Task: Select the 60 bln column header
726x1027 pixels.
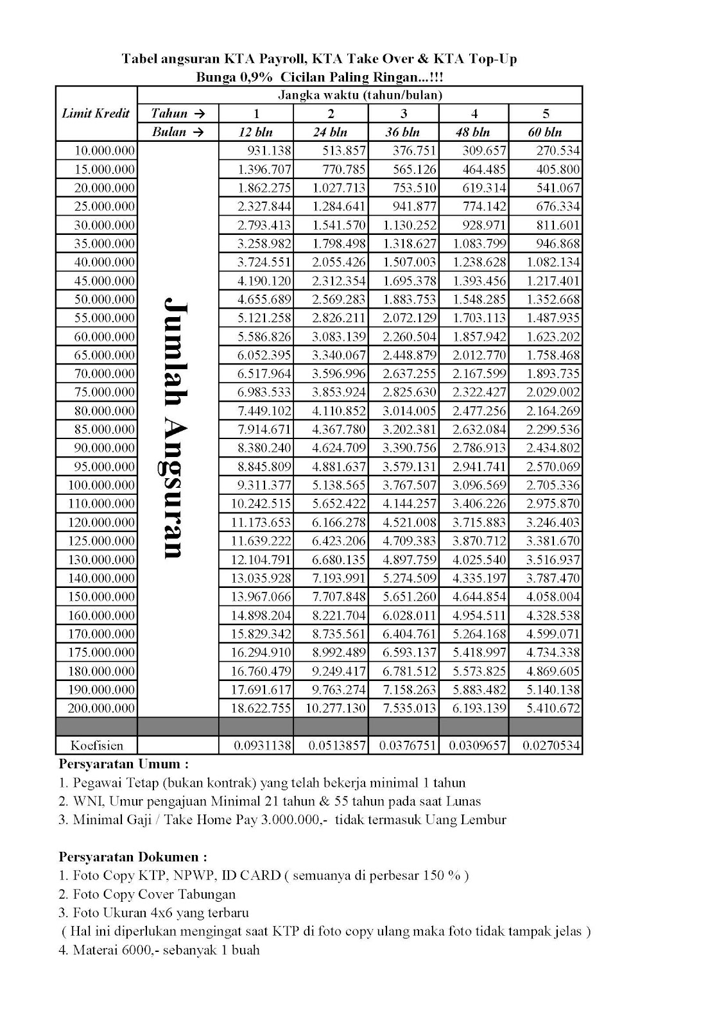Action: [546, 132]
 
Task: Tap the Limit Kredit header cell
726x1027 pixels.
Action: [96, 114]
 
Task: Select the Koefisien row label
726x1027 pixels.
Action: [96, 746]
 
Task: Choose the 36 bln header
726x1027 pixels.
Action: [403, 132]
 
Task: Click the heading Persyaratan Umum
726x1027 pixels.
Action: [123, 764]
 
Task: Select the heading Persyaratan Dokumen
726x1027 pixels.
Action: [133, 857]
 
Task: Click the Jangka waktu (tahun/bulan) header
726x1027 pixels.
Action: [360, 95]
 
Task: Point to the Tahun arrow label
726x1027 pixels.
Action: [178, 114]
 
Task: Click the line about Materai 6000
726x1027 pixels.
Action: [159, 950]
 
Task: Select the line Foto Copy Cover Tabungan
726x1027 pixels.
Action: [147, 894]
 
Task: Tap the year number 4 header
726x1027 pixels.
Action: [474, 114]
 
